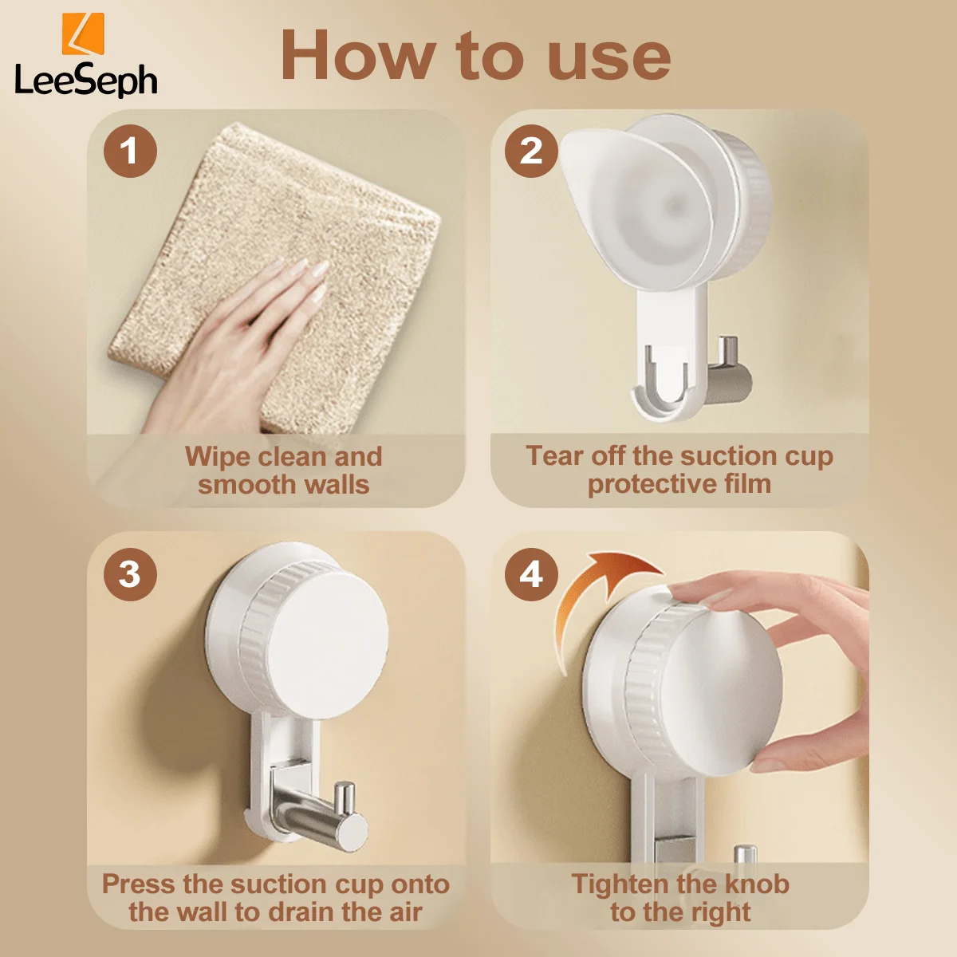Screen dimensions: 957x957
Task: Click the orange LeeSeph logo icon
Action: [x=83, y=33]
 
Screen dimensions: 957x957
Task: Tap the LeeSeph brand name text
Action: [x=86, y=80]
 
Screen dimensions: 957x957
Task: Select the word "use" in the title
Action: [x=609, y=61]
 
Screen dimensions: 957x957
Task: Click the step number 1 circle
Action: [x=130, y=151]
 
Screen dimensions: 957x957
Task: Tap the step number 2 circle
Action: [x=531, y=151]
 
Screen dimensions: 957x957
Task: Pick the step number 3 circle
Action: [x=130, y=574]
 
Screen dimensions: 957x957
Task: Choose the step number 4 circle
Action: [x=531, y=574]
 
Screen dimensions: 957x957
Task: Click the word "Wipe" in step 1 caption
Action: [x=217, y=456]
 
